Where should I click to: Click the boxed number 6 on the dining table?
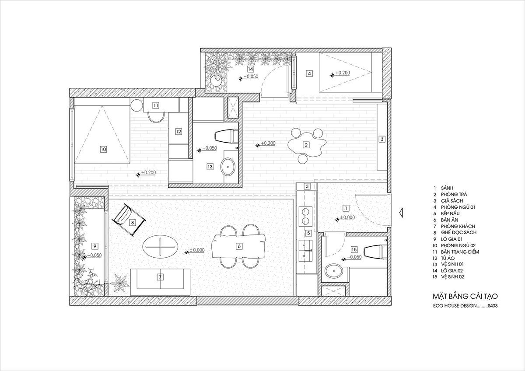coord(239,246)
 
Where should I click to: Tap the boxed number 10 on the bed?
coord(103,149)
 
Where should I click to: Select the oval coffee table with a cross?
coord(160,246)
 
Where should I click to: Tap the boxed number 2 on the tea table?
coord(306,145)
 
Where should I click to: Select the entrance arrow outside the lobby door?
coord(401,213)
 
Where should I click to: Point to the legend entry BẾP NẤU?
coord(450,213)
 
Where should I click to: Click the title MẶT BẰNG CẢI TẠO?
coord(465,296)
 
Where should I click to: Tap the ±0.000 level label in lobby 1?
coord(347,217)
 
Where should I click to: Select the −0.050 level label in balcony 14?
coord(251,77)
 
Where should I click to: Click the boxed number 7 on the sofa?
coord(160,277)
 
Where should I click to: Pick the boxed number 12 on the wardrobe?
coord(178,132)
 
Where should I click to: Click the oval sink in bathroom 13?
coord(227,167)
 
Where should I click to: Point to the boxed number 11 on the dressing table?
coord(156,105)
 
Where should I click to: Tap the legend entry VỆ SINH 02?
coord(452,276)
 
